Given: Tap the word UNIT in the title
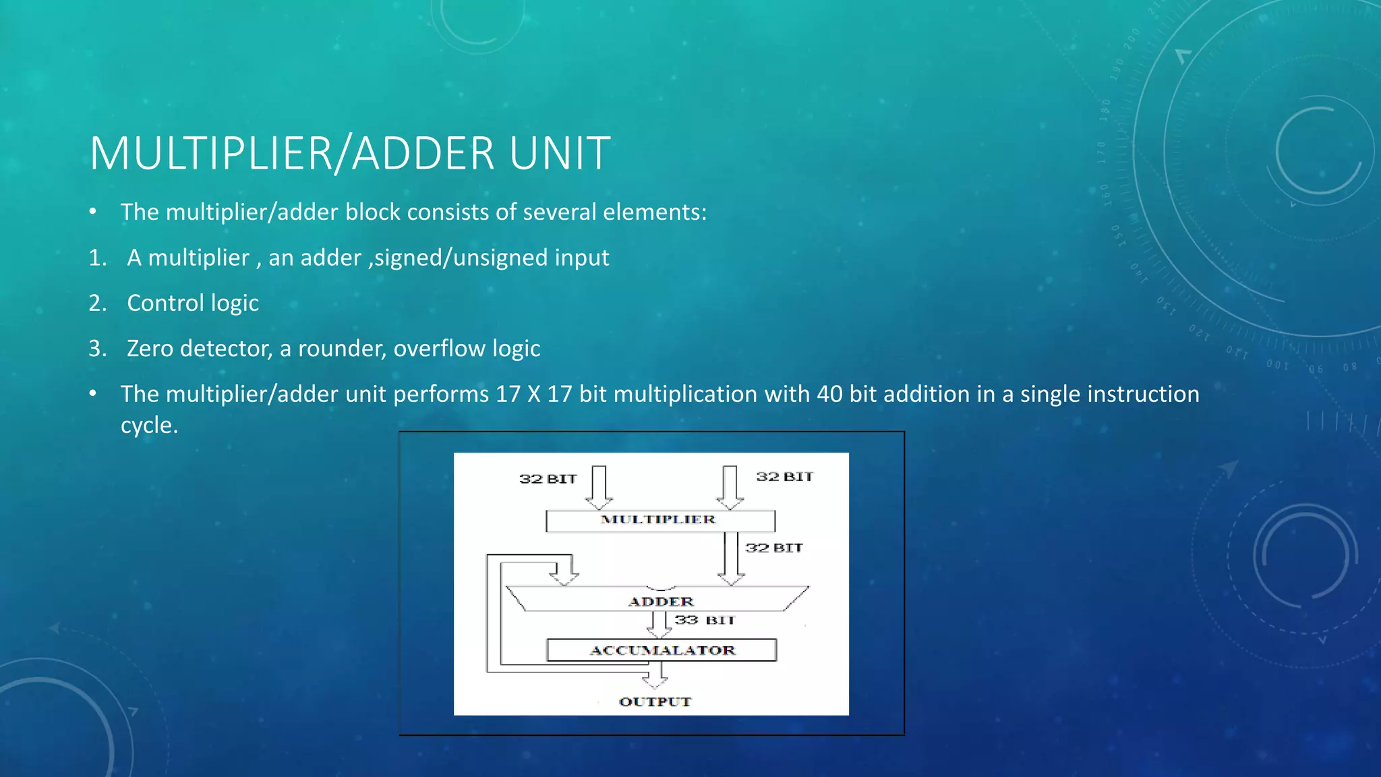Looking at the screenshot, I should (560, 154).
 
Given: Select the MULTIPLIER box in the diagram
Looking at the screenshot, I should (659, 520).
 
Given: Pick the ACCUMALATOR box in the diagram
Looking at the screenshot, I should (662, 650).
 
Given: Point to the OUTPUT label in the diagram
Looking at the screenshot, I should (655, 701).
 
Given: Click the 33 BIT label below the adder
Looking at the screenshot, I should (704, 620).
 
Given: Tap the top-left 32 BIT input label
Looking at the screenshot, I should (548, 479).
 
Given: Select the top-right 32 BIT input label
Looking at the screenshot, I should (784, 477).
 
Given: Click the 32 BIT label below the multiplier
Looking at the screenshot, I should (773, 548).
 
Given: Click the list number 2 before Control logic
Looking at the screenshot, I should (97, 304).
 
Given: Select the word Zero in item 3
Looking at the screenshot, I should (150, 349).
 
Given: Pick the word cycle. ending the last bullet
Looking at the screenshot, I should (149, 426).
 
